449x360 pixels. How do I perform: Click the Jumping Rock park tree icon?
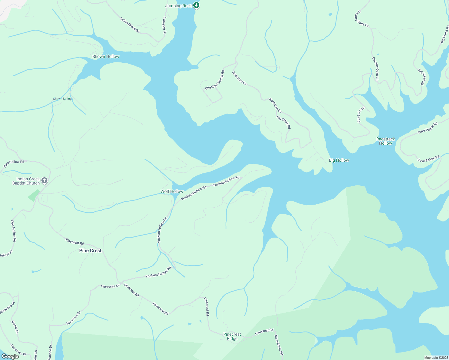[196, 5]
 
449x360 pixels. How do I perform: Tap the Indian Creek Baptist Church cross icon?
[44, 180]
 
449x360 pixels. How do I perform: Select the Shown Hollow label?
[106, 56]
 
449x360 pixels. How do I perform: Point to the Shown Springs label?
[63, 99]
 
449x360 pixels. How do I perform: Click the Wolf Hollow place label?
[172, 191]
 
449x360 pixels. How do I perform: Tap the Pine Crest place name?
[90, 250]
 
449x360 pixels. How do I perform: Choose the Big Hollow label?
[339, 160]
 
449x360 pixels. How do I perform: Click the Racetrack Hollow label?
[386, 141]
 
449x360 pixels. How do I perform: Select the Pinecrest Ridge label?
[232, 336]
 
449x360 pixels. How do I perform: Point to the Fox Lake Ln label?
[361, 114]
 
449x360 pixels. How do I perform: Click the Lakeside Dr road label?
[164, 25]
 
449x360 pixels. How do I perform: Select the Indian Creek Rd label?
[130, 25]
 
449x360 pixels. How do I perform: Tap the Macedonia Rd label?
[279, 345]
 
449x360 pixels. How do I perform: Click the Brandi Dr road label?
[15, 327]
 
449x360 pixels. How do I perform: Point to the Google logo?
[10, 356]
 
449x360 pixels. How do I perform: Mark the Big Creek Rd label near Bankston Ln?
[284, 122]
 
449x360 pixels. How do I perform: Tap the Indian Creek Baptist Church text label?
[26, 181]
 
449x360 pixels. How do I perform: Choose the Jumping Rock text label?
[178, 6]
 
